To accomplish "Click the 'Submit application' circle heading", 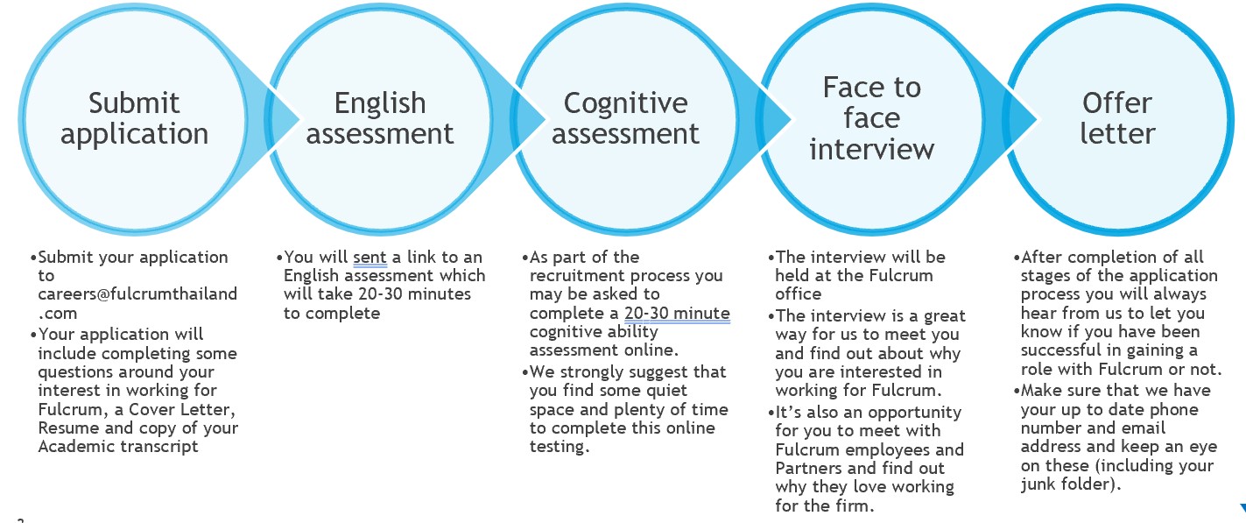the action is coord(134,118).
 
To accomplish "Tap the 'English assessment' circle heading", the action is coord(380,118).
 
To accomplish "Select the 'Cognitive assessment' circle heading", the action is coord(626,118).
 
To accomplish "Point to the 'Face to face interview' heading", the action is coord(871,118).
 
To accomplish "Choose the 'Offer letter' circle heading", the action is coord(1117,118).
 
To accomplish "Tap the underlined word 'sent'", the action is coord(370,257).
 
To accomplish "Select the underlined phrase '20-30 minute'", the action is coord(677,314).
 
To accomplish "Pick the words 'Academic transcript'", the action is coord(118,446).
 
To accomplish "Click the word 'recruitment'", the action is coord(576,275).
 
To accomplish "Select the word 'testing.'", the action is coord(559,447).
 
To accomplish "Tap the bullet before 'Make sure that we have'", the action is coord(1017,391).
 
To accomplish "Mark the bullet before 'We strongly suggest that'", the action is coord(525,372).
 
